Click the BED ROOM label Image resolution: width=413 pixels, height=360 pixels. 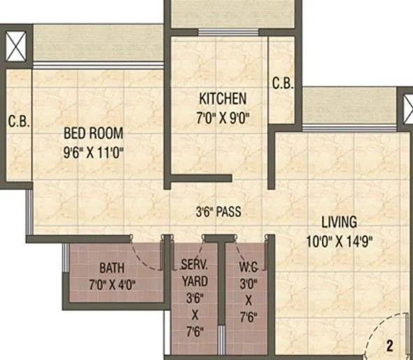(x=94, y=132)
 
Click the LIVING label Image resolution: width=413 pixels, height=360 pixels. (x=339, y=223)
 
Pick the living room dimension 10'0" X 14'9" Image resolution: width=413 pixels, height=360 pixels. (x=339, y=242)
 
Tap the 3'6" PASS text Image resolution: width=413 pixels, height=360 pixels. (x=220, y=211)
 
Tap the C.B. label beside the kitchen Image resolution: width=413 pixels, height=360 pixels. (x=283, y=83)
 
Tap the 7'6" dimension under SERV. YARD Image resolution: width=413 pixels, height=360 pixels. (x=192, y=332)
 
